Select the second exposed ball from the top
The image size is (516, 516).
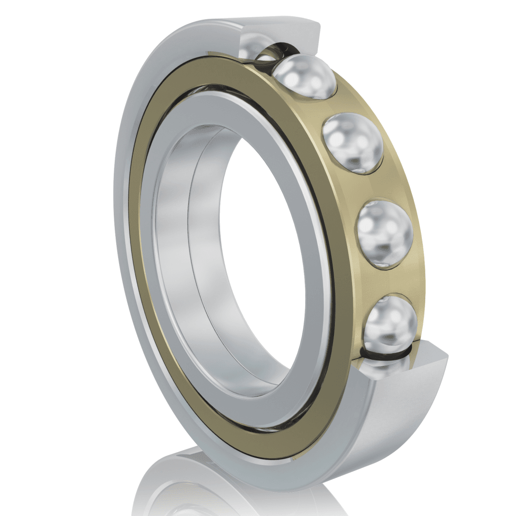click(x=353, y=141)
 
